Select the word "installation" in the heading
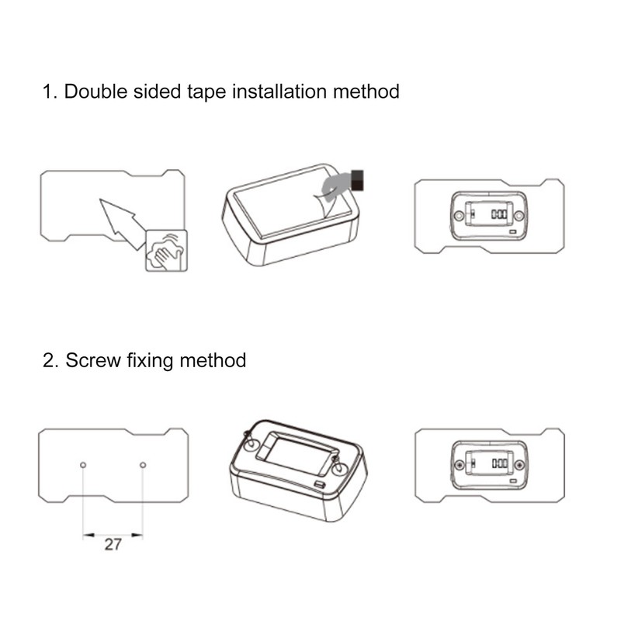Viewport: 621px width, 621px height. coord(279,92)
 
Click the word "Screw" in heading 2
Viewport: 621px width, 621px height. coord(93,360)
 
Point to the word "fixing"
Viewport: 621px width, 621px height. coord(150,361)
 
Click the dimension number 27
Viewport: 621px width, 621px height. coord(113,545)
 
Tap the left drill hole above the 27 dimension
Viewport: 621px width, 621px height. coord(83,465)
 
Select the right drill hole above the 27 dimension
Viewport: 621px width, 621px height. coord(143,465)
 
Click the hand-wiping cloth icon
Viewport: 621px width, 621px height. coord(166,251)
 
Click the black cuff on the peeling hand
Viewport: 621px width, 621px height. coord(357,181)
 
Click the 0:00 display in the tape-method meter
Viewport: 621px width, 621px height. coord(499,214)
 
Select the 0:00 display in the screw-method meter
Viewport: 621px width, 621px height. coord(500,463)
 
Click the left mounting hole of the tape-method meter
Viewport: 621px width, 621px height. coord(459,216)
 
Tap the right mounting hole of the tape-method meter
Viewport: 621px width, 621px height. coord(519,216)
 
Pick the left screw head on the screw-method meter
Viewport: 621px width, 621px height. coord(460,464)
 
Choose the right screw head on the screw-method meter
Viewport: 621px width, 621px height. coord(519,464)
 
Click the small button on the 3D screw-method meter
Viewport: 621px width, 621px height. coord(319,484)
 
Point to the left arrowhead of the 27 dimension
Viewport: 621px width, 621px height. coord(88,535)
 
